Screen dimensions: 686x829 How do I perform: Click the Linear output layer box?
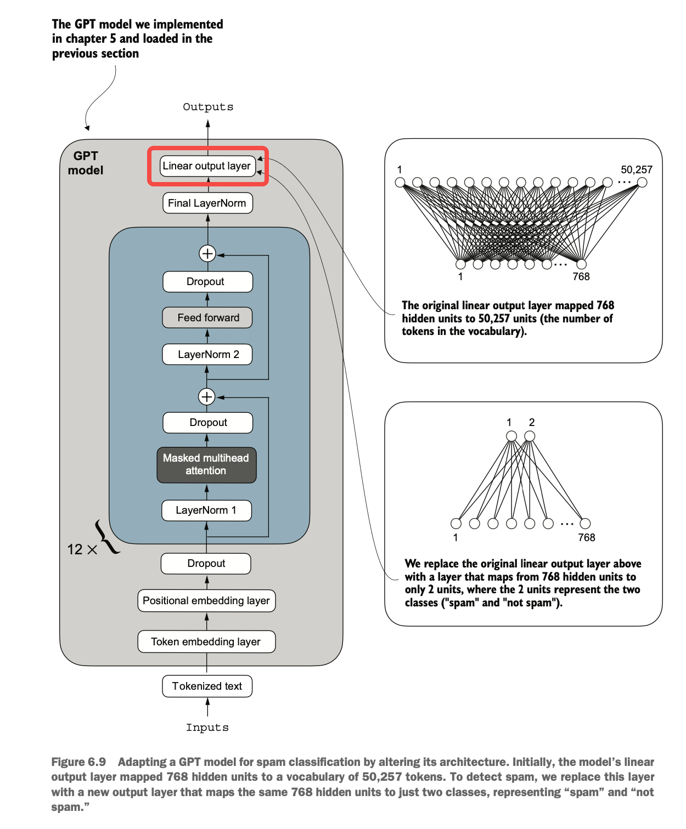(x=207, y=166)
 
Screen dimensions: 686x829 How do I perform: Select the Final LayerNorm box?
(x=207, y=203)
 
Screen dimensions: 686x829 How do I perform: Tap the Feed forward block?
(x=207, y=317)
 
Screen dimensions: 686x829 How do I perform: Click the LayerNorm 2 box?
(x=207, y=354)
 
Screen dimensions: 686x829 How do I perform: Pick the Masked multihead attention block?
(x=207, y=465)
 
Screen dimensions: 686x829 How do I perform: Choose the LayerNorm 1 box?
(x=207, y=510)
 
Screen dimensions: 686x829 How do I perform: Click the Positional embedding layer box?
(x=207, y=601)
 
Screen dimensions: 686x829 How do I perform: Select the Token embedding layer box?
(x=207, y=641)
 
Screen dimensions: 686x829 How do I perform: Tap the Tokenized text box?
(x=207, y=686)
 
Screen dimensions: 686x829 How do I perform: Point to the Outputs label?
(x=208, y=107)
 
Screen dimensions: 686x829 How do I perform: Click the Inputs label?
(x=207, y=728)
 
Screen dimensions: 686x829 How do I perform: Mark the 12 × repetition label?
(x=82, y=549)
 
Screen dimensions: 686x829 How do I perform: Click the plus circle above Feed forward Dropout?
(x=207, y=253)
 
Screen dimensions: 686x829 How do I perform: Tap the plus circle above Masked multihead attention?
(x=207, y=396)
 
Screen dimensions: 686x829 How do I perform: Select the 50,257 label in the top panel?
(x=636, y=169)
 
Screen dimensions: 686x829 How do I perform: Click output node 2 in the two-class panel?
(x=530, y=436)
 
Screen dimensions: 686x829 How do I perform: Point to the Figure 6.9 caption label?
(x=78, y=762)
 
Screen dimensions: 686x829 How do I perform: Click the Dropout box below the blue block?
(x=206, y=564)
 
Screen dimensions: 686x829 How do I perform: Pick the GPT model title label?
(x=86, y=163)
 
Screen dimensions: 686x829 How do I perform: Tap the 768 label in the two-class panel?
(x=587, y=537)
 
